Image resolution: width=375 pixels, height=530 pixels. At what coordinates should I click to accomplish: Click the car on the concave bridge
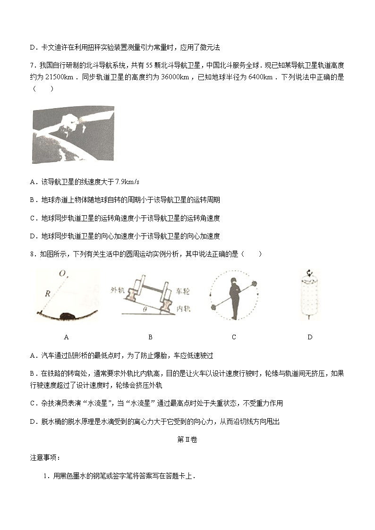68,315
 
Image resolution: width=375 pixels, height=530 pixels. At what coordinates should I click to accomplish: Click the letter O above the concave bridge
63,273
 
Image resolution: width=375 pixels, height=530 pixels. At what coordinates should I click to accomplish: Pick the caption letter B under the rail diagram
150,337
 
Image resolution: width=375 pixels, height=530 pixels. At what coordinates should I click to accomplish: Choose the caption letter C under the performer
234,337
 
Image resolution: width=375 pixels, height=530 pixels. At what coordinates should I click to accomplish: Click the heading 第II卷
187,439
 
